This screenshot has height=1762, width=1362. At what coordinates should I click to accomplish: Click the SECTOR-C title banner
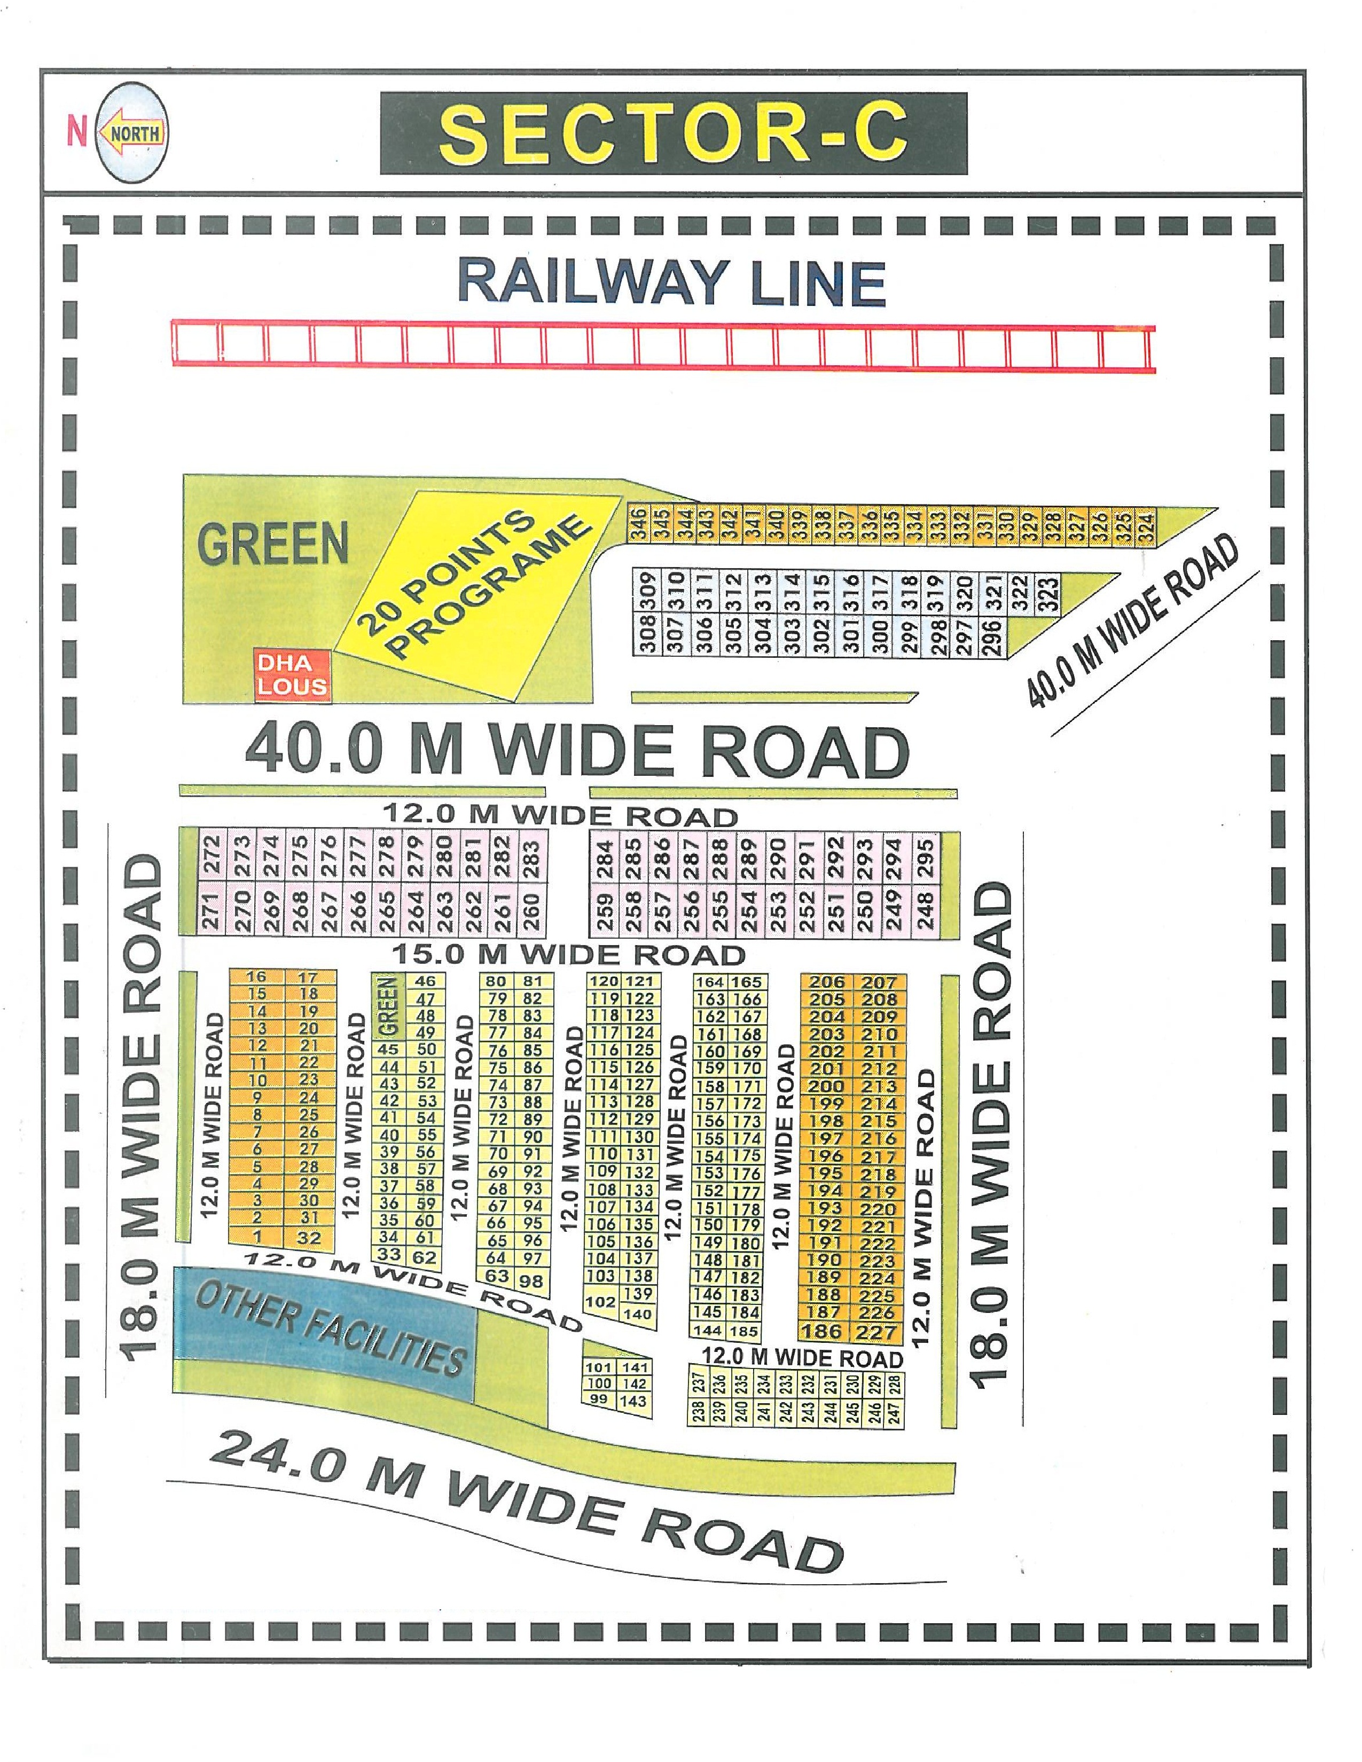tap(673, 134)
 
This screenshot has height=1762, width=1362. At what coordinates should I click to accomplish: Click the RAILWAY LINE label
tap(671, 282)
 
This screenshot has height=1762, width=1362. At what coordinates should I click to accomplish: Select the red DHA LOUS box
tap(291, 674)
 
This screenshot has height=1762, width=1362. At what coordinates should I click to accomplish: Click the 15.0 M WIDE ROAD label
tap(568, 955)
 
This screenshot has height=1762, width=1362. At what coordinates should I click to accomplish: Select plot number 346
tap(637, 525)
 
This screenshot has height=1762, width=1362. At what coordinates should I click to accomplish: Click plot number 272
tap(212, 856)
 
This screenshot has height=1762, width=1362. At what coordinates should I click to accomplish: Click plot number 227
tap(878, 1332)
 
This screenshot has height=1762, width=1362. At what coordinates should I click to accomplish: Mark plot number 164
tap(710, 982)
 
